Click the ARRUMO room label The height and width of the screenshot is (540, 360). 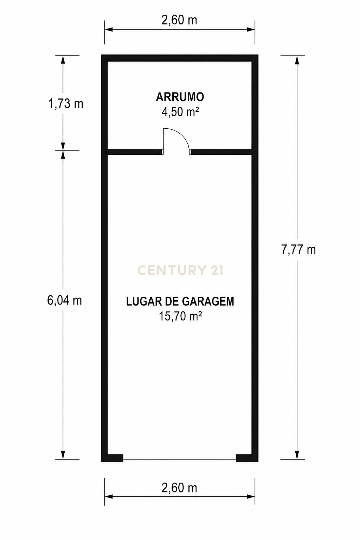[180, 97]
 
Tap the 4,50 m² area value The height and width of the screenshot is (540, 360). [180, 112]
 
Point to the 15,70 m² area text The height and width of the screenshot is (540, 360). [180, 316]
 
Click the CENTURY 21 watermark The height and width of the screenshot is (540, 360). [180, 270]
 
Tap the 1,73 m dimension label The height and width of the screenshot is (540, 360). [66, 104]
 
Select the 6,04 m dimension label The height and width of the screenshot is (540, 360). [65, 300]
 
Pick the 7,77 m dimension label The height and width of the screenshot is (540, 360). [298, 250]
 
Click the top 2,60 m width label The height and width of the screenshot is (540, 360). [179, 20]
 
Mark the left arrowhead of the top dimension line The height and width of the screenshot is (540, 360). [109, 30]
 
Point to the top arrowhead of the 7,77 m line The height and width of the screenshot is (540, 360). [297, 60]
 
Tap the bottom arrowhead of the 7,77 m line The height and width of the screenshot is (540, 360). [297, 455]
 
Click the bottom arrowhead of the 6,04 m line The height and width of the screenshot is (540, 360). [63, 455]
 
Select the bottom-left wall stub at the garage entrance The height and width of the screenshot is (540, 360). [112, 458]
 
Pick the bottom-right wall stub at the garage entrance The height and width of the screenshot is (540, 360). [247, 458]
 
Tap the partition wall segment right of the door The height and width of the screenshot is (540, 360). [221, 152]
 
